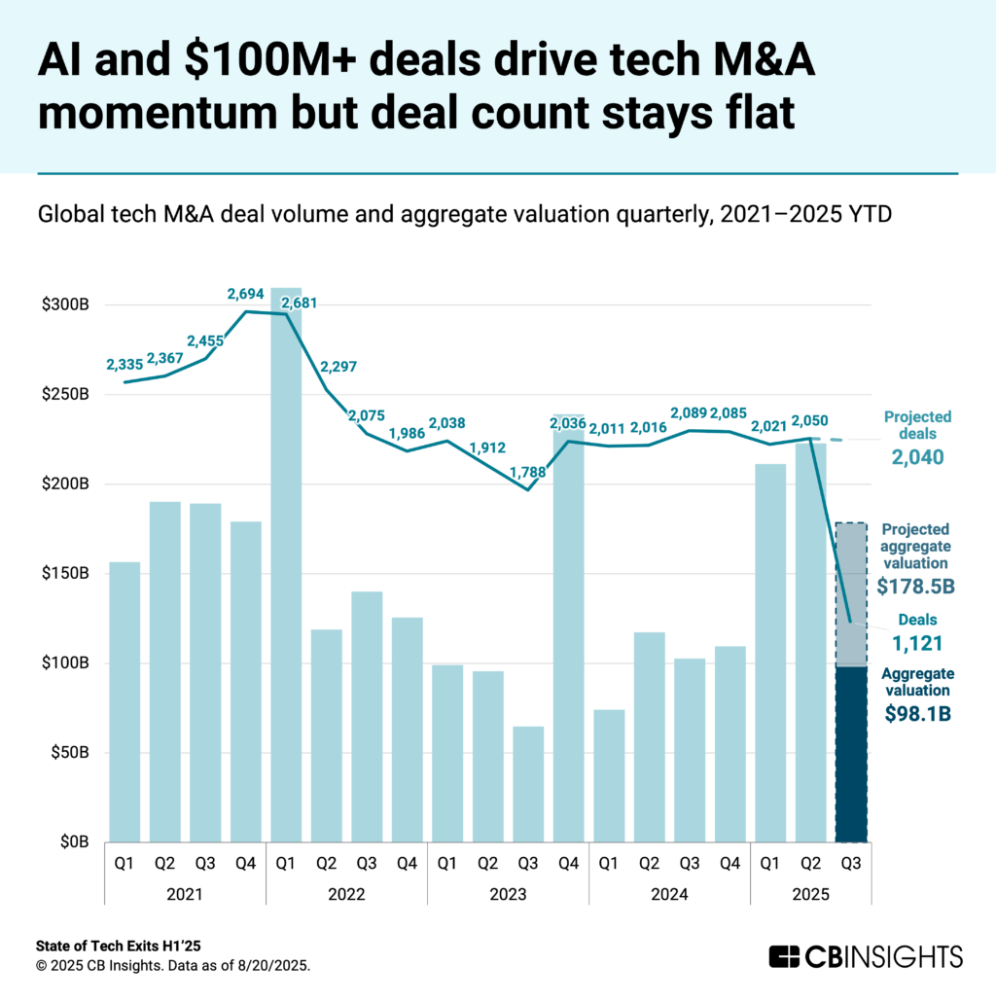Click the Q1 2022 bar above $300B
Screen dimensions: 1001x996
point(285,564)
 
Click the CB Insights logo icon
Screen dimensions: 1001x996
point(784,955)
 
